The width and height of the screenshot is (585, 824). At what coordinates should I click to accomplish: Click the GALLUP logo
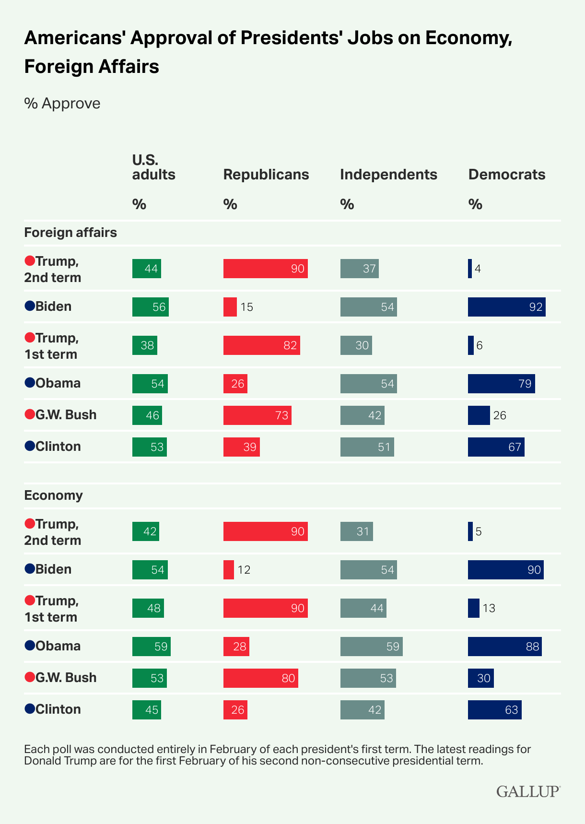click(528, 791)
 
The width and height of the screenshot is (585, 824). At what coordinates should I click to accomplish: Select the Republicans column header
click(266, 175)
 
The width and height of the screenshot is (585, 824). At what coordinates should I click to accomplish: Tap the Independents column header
click(388, 175)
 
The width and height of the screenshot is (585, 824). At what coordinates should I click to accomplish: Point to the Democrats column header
click(507, 175)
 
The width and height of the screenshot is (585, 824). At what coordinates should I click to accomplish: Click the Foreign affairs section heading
click(70, 233)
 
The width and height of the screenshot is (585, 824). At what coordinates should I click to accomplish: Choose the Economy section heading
click(53, 495)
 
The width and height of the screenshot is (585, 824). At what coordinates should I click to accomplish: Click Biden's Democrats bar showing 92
click(506, 307)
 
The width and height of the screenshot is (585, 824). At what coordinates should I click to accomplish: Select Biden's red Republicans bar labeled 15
click(230, 307)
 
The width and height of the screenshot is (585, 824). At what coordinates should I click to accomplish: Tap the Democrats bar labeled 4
click(470, 269)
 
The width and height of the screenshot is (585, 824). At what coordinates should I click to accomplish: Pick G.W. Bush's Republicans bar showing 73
click(257, 415)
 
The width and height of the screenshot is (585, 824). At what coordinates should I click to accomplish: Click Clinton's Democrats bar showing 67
click(496, 447)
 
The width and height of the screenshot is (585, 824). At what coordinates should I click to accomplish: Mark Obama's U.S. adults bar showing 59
click(151, 647)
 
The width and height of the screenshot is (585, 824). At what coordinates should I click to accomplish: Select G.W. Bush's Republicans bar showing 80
click(260, 678)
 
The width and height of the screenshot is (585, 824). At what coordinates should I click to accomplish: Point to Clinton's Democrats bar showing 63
click(494, 710)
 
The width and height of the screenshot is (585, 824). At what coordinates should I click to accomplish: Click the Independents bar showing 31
click(356, 531)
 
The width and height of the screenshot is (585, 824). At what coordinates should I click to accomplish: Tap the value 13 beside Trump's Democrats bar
click(489, 608)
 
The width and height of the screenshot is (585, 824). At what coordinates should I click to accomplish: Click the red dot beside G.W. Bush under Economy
click(29, 677)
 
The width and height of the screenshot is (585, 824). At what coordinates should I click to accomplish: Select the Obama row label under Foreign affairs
click(58, 383)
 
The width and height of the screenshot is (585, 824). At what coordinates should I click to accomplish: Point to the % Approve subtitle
click(62, 104)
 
